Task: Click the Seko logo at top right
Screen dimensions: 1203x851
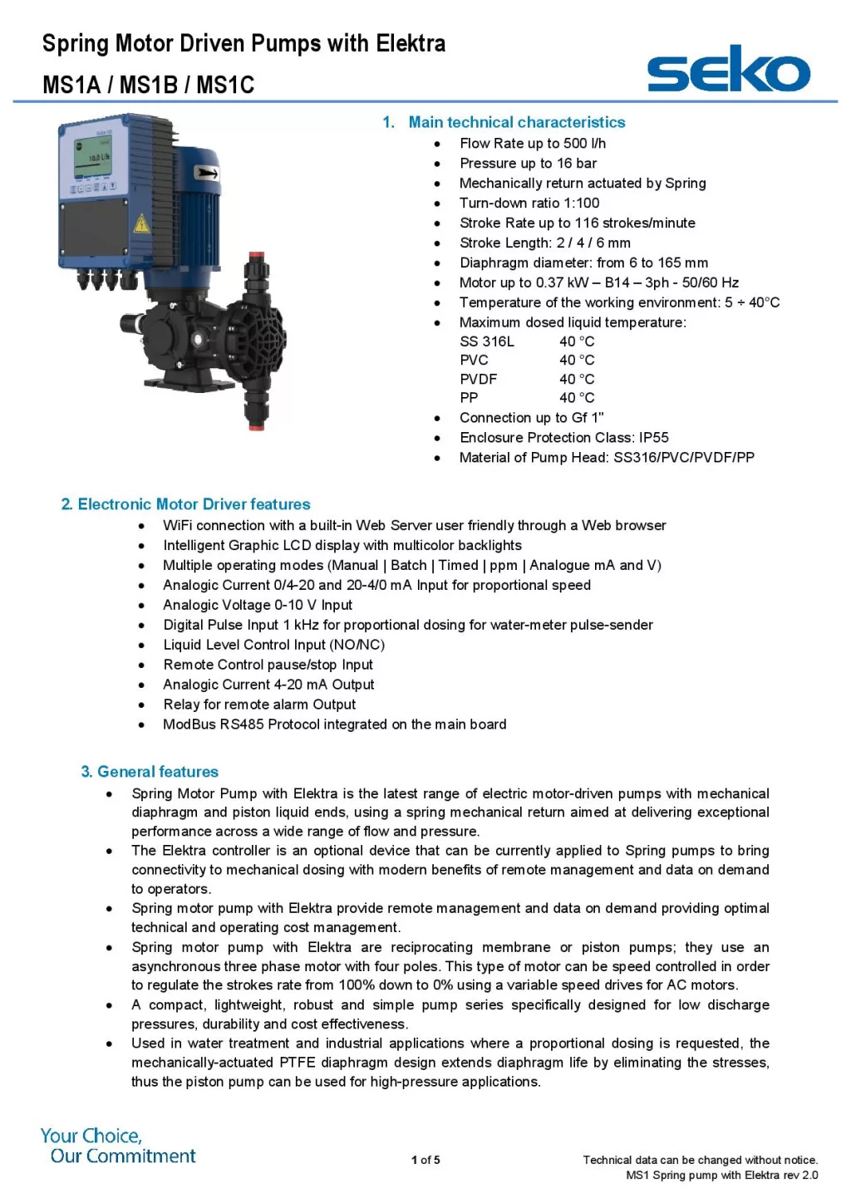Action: pos(728,70)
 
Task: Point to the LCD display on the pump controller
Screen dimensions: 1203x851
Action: pos(93,159)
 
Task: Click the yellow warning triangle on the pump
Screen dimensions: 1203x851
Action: pos(141,223)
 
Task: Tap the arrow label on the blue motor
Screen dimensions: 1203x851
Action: pos(206,173)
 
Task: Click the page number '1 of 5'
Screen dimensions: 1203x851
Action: pos(425,1160)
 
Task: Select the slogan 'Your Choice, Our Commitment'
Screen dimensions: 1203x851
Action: pos(118,1146)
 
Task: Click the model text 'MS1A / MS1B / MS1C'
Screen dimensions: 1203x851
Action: pos(148,85)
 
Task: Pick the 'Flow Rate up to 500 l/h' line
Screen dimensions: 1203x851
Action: pos(533,144)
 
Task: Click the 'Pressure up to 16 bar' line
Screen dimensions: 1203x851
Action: pos(528,164)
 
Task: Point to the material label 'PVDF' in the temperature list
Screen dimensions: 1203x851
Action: pos(478,379)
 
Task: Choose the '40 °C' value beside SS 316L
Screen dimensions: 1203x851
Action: pos(577,341)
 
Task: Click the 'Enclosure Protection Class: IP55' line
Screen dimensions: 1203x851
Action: pos(563,438)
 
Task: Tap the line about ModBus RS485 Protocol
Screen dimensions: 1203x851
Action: pos(334,724)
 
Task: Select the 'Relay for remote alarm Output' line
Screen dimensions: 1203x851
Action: pos(259,705)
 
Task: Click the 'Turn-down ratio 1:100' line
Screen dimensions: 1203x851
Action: pos(529,204)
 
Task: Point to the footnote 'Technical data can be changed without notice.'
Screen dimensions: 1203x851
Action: pos(700,1160)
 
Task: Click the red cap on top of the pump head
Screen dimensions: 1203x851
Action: pos(257,257)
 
